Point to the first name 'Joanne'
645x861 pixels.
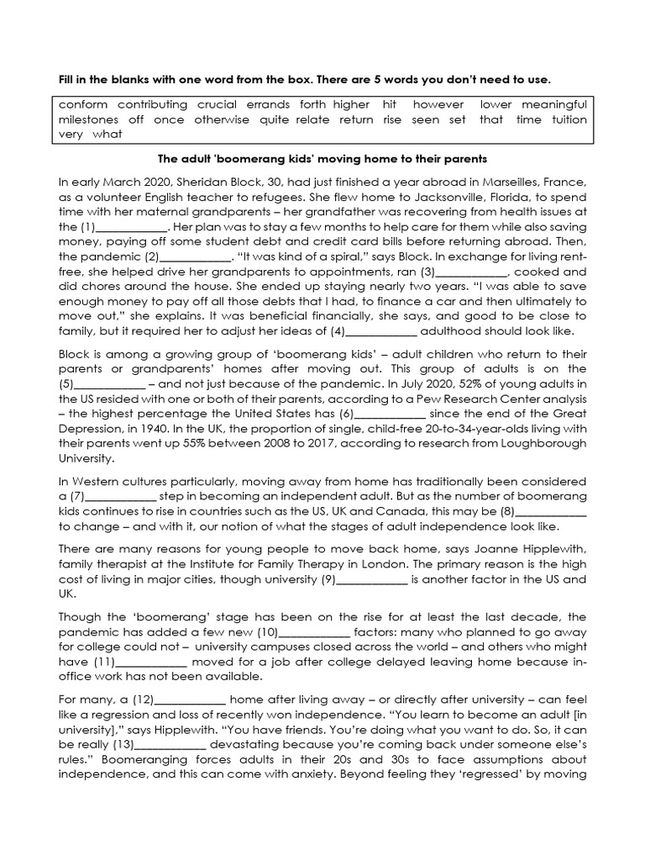pos(496,549)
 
